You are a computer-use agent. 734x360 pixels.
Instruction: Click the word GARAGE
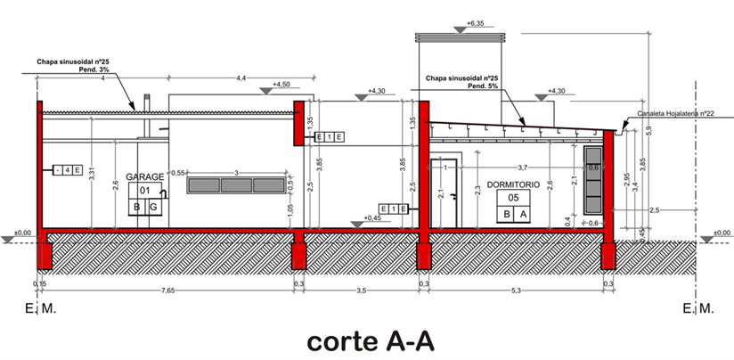click(x=144, y=177)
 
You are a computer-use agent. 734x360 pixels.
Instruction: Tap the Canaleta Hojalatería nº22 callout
click(x=677, y=114)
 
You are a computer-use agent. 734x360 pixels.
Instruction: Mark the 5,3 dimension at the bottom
click(x=518, y=291)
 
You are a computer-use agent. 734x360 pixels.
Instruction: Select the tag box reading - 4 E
click(x=67, y=169)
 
